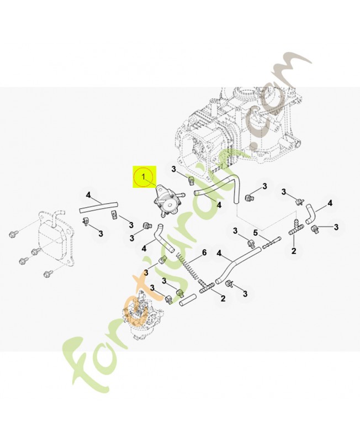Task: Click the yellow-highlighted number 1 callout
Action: [x=143, y=177]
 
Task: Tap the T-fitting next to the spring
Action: [x=209, y=287]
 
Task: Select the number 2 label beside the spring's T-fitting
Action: [x=223, y=299]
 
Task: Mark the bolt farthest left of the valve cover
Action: [x=13, y=230]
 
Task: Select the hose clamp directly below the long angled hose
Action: [x=230, y=285]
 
